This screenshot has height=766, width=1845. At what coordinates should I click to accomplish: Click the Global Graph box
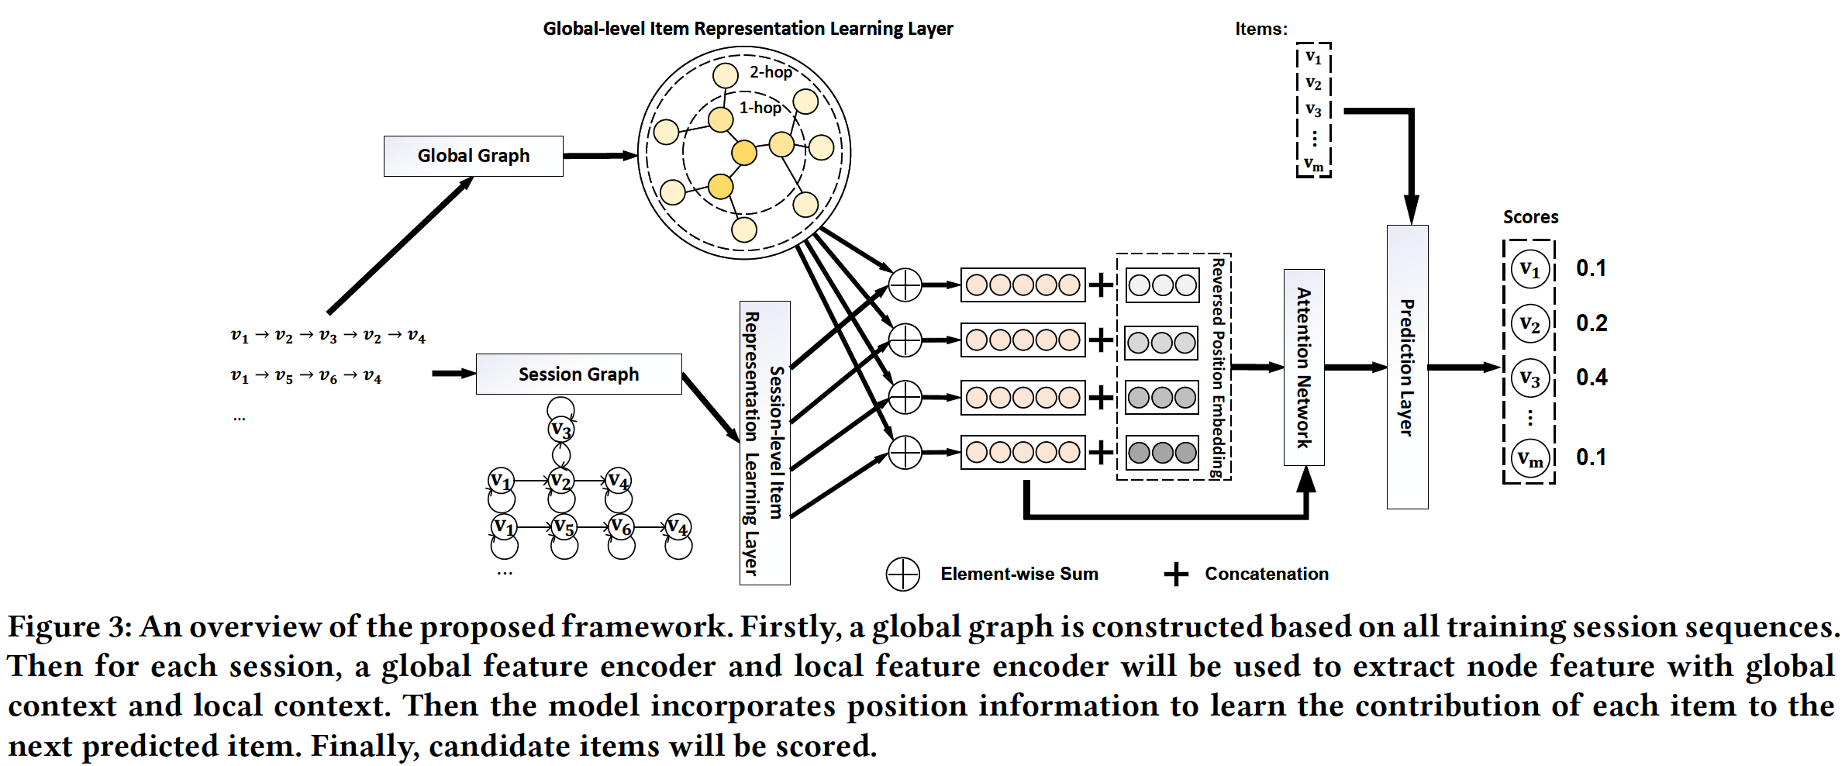(473, 156)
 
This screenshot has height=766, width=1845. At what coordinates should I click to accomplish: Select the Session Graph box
(578, 374)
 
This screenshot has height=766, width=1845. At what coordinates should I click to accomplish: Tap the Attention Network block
(1304, 367)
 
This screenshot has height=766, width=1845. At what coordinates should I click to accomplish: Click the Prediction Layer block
(1407, 367)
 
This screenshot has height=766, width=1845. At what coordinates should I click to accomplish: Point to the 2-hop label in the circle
(771, 72)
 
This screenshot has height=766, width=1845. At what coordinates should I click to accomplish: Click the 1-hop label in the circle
(760, 108)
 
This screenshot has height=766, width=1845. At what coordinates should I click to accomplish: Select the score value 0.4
(1592, 378)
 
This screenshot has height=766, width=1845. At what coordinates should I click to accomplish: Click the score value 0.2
(1592, 323)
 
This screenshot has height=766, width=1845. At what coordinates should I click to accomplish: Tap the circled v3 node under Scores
(1530, 378)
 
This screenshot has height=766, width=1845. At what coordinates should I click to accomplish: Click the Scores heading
(1530, 217)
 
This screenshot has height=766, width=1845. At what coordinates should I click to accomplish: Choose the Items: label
(1260, 29)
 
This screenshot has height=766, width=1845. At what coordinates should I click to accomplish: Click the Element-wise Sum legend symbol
(902, 574)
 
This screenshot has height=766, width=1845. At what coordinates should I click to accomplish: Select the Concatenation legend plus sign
(1175, 574)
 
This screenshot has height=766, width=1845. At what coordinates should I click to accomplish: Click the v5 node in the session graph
(564, 527)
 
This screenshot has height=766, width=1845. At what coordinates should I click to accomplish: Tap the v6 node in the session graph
(621, 526)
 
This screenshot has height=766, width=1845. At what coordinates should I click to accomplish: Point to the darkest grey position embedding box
(1162, 453)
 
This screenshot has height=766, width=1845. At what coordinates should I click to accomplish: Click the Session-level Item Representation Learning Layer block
(764, 443)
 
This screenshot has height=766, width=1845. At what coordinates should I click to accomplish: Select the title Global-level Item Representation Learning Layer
(747, 29)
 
